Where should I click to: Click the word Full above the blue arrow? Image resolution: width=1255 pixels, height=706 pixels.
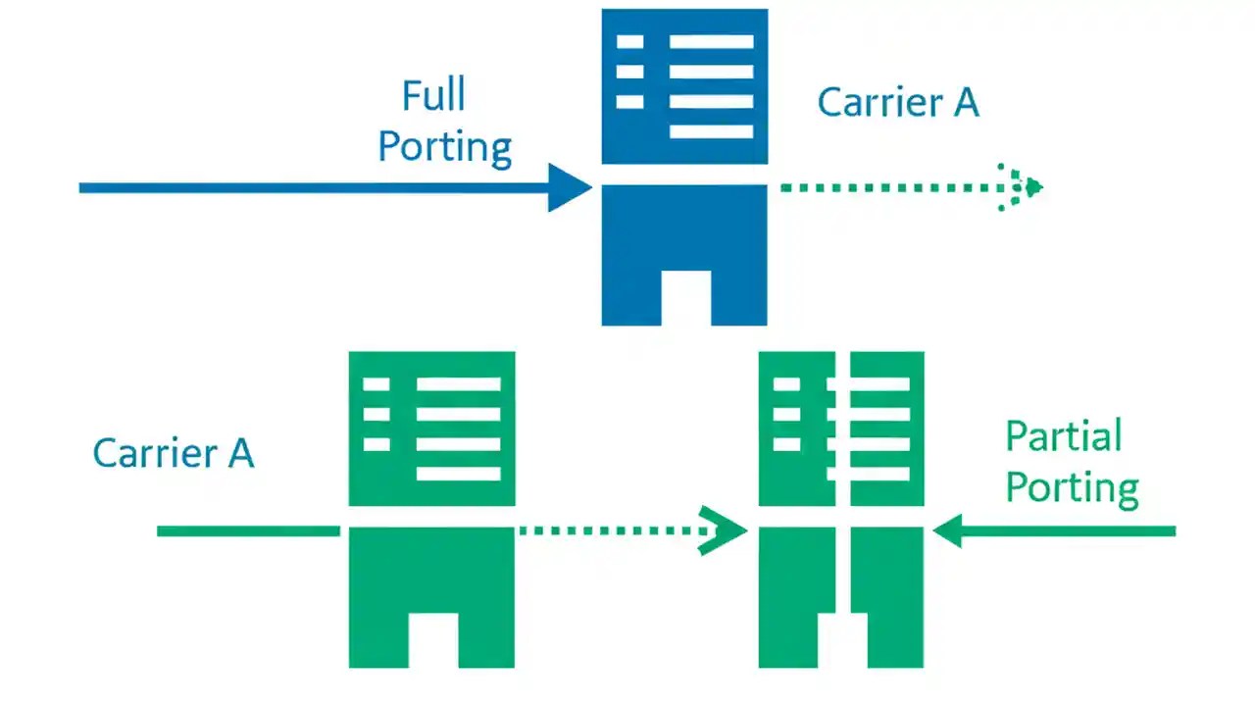433,96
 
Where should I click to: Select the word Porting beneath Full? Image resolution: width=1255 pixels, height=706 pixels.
445,147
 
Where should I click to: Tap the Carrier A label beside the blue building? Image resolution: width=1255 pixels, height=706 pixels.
898,102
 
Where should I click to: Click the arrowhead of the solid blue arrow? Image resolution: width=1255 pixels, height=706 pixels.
569,187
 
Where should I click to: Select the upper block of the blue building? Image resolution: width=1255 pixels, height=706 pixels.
684,86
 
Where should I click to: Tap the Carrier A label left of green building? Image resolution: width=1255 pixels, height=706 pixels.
174,453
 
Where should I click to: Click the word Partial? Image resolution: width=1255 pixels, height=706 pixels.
1064,435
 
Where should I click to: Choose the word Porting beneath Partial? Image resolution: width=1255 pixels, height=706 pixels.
1073,487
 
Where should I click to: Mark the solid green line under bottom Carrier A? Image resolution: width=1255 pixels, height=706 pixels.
248,531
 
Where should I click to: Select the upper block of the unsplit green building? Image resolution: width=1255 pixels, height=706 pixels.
431,429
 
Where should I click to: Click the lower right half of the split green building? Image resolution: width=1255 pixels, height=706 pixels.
886,579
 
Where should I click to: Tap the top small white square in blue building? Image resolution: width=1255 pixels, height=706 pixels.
629,42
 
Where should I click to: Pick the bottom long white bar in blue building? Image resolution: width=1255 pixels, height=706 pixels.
711,131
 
